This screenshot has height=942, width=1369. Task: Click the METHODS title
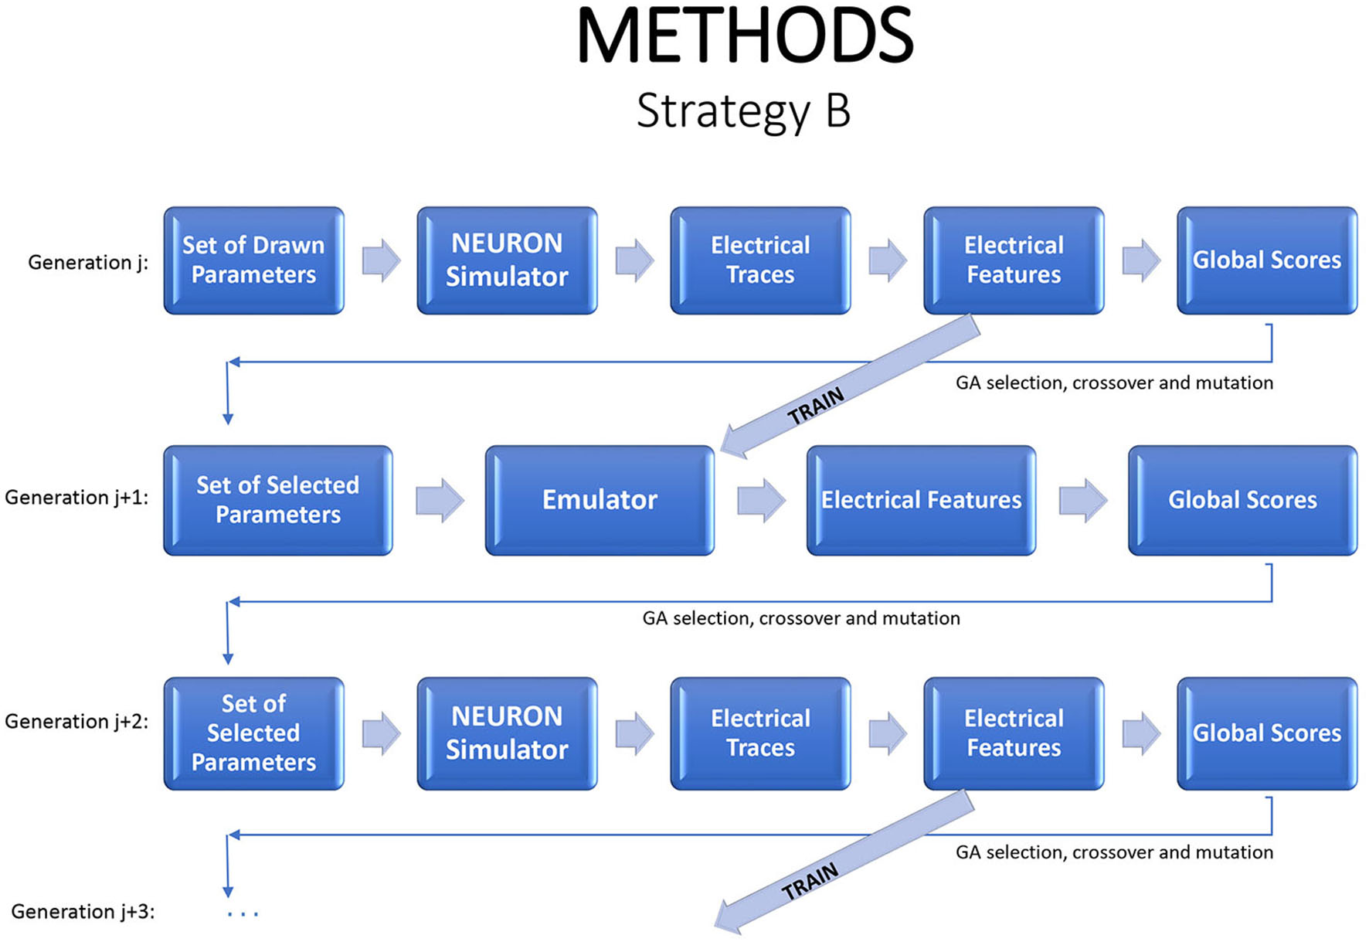click(744, 37)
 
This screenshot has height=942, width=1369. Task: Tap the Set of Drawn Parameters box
click(253, 260)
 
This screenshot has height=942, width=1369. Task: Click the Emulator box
click(600, 500)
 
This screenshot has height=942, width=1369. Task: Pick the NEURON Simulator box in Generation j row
click(507, 260)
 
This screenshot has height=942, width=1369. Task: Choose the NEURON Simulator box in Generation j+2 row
click(507, 733)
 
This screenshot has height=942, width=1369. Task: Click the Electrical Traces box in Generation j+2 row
click(760, 733)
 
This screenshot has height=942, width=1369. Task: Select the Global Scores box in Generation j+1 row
click(1242, 500)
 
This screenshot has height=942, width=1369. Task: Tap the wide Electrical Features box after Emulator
click(921, 500)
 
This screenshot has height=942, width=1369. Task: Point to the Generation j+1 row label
click(76, 497)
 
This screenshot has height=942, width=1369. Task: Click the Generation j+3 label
click(83, 912)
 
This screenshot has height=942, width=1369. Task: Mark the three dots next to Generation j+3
click(243, 914)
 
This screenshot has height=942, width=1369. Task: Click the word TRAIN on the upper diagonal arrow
click(816, 406)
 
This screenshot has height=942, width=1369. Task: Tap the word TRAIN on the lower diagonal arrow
click(810, 881)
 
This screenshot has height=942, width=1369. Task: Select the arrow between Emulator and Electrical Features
click(761, 500)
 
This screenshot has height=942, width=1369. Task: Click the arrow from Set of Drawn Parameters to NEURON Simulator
click(381, 260)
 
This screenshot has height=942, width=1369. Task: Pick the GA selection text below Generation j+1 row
click(801, 618)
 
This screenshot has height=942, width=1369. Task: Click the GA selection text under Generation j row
click(1114, 383)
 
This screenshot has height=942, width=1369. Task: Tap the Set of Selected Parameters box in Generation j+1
click(278, 500)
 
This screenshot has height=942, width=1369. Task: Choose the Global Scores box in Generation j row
click(1267, 260)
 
